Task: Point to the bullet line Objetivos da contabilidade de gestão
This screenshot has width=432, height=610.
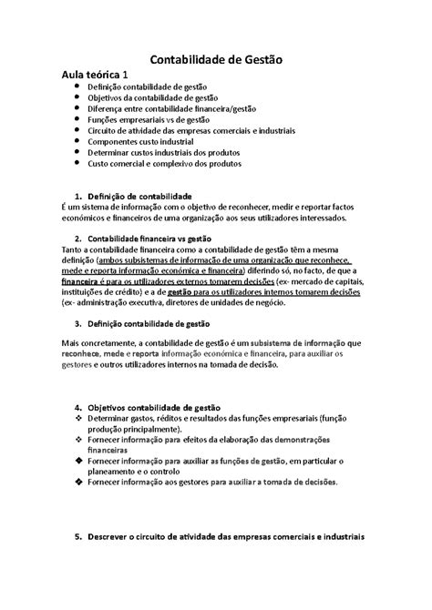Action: coord(153,97)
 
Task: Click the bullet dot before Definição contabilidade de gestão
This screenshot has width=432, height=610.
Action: coord(76,86)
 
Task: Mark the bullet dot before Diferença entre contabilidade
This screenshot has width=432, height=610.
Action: coord(76,108)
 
